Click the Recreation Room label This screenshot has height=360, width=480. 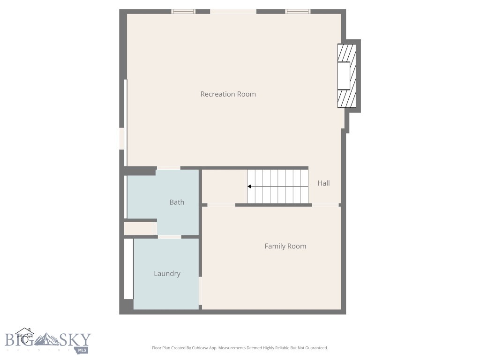[x=228, y=94]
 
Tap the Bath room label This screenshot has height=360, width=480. [x=177, y=202]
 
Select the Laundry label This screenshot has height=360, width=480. [x=167, y=274]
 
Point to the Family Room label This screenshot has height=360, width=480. [x=285, y=246]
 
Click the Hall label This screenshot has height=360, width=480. [x=323, y=183]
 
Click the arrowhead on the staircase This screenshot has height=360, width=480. [x=250, y=187]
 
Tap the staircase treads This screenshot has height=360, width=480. [x=278, y=187]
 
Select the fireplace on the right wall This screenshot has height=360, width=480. [x=347, y=76]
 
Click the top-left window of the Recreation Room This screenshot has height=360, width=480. [x=183, y=11]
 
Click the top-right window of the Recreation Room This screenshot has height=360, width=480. [x=298, y=11]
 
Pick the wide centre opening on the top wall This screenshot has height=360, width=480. [x=233, y=11]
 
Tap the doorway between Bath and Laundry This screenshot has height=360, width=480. [x=169, y=237]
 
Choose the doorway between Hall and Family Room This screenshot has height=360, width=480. [x=325, y=205]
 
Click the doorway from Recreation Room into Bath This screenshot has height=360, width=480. [x=168, y=168]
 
